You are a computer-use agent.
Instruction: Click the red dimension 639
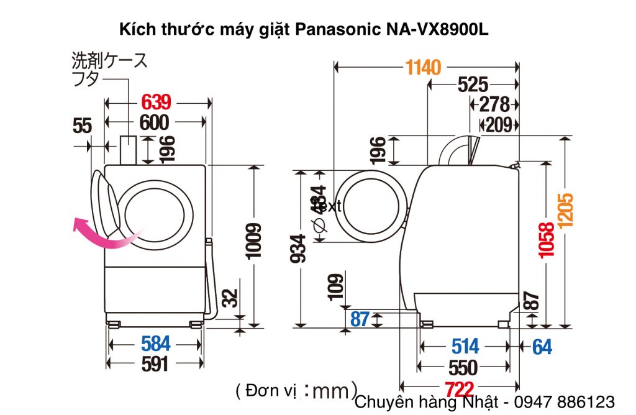(156, 102)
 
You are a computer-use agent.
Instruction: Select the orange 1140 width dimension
(424, 66)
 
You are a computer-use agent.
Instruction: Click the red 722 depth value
(460, 389)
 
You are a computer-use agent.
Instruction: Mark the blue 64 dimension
(542, 347)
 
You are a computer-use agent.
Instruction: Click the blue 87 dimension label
(360, 319)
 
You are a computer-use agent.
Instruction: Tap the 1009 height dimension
(253, 240)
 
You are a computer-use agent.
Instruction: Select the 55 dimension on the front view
(82, 126)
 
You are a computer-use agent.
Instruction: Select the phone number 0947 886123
(567, 401)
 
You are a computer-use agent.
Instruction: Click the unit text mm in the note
(332, 391)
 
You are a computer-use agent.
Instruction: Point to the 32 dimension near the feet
(229, 298)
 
